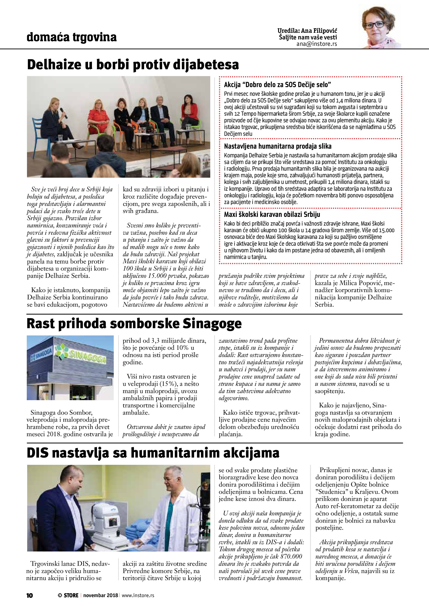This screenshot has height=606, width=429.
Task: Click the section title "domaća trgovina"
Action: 72,37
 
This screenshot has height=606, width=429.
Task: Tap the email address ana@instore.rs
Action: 317,44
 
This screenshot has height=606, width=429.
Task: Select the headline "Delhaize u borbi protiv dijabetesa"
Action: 133,65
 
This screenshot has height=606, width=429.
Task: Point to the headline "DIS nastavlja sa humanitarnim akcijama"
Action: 153,453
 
